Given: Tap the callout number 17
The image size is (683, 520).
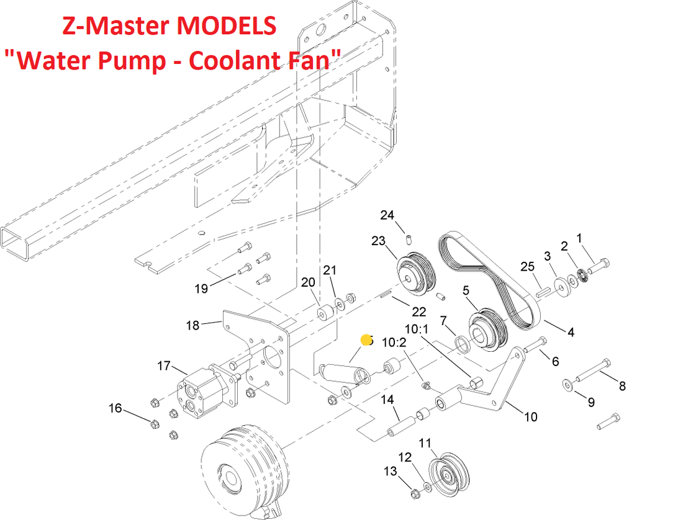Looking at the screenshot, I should point(163,366).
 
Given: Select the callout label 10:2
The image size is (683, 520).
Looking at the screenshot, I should point(394,342).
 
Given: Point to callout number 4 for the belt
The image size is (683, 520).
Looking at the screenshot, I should point(571,332).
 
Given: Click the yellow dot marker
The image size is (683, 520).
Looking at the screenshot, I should point(366,340).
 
